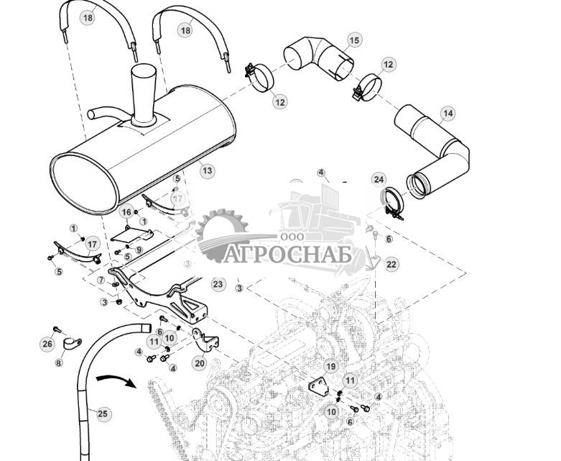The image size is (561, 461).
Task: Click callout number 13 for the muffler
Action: [207, 171]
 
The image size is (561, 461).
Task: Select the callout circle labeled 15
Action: [354, 40]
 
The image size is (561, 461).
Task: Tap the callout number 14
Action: [448, 114]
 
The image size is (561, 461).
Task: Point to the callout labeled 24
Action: [379, 179]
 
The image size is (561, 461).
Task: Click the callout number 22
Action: [391, 265]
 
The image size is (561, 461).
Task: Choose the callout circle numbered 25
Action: [103, 414]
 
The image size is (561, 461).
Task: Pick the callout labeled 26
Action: [47, 344]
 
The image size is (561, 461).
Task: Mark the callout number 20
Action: [200, 363]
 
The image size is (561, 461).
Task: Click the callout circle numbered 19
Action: [330, 366]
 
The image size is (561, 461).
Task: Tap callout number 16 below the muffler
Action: [126, 212]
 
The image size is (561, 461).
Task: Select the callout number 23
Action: [218, 284]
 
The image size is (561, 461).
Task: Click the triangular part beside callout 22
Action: [374, 260]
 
